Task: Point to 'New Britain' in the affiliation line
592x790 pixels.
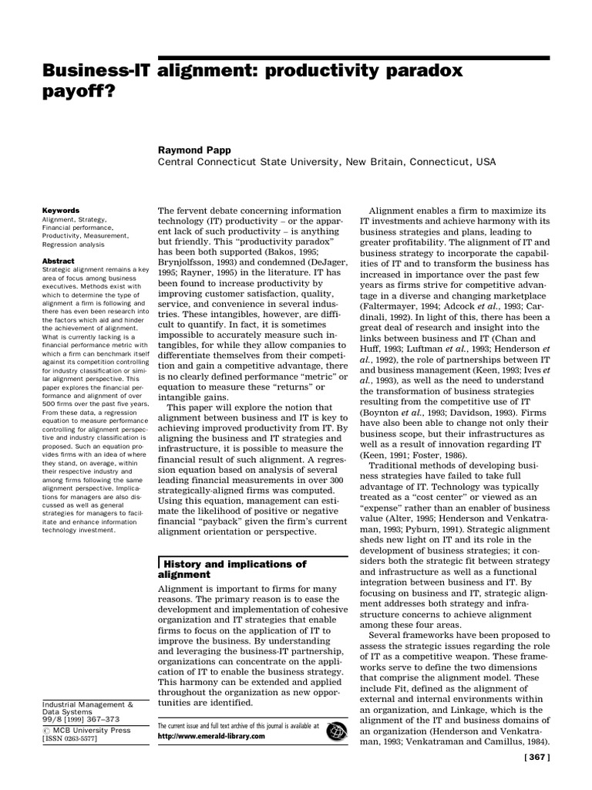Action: point(375,162)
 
